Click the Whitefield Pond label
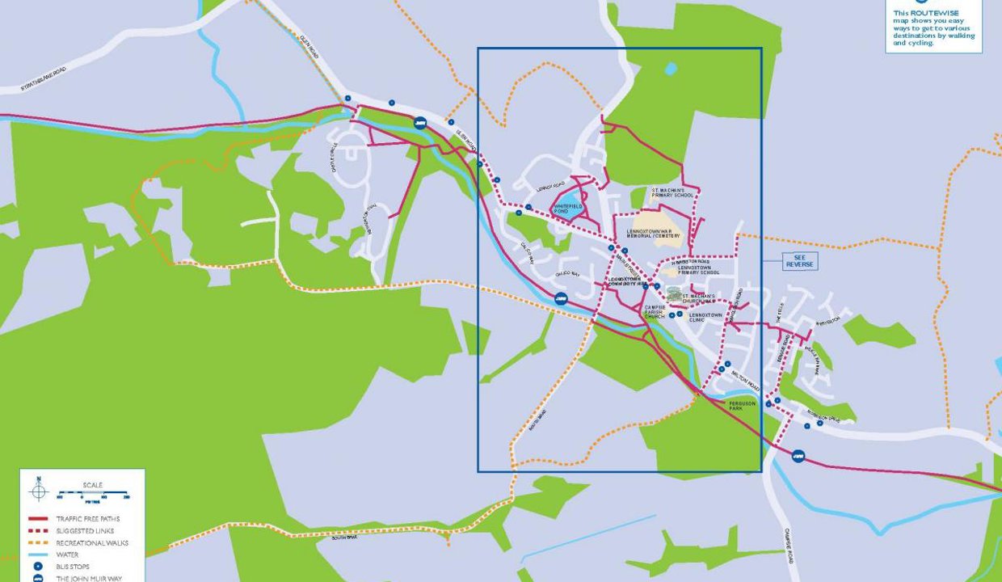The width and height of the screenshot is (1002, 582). (568, 209)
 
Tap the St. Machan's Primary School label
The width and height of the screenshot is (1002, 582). (673, 194)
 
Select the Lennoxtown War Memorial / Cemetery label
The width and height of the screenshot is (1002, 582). (654, 234)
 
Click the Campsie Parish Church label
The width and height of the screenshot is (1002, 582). (655, 312)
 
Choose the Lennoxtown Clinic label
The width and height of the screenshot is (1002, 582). (700, 317)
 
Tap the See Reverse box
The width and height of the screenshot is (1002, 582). (801, 262)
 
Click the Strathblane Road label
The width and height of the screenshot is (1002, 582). (44, 78)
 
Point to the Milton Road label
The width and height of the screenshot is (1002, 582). (745, 379)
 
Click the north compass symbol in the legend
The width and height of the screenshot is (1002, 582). (38, 490)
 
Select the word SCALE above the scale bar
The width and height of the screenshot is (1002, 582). (93, 486)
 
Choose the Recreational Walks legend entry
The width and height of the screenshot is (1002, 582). (92, 543)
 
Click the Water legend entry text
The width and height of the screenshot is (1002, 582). (67, 555)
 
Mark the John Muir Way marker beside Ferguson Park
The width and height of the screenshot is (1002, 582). (798, 457)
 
